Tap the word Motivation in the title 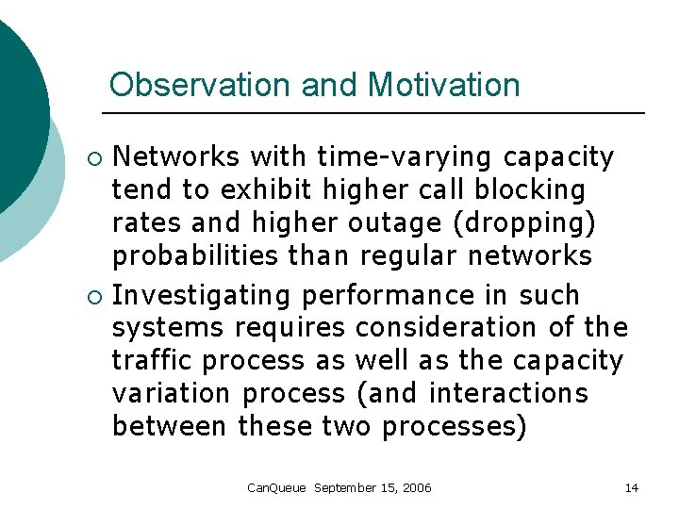tap(443, 86)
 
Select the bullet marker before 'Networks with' tap(91, 156)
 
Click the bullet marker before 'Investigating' tap(91, 296)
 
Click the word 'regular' tap(406, 255)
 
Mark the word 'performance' tap(389, 295)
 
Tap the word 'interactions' tap(507, 394)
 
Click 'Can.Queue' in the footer tap(276, 488)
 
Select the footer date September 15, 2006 tap(373, 488)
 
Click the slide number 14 tap(632, 488)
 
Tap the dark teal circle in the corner tap(14, 104)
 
